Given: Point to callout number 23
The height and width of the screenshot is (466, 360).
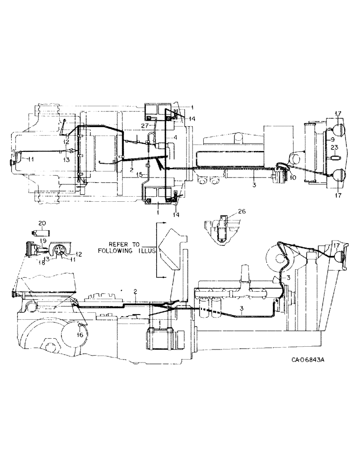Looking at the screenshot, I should [x=334, y=149].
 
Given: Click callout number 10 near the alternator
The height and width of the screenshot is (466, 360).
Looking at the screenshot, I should [x=293, y=177].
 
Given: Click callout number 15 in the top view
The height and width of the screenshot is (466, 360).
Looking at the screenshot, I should [x=140, y=175].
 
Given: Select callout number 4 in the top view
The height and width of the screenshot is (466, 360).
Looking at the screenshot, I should [x=175, y=138].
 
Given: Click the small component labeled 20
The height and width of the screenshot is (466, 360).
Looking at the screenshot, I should [x=36, y=232].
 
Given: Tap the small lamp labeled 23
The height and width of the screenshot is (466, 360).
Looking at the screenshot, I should [x=334, y=158].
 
